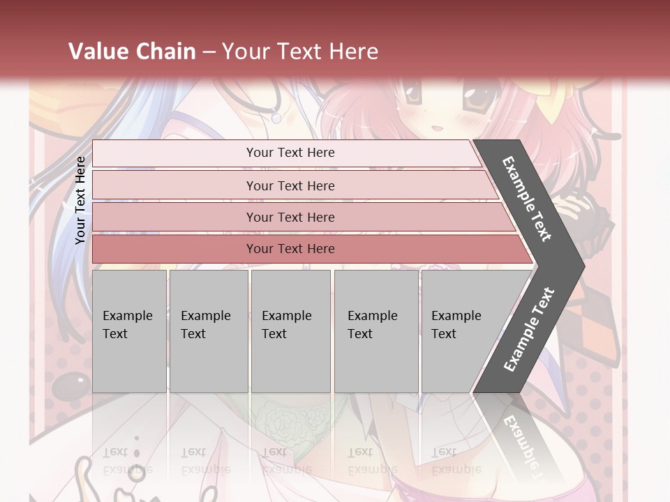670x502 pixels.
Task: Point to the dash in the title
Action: pyautogui.click(x=209, y=52)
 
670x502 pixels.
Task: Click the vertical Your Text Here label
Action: pyautogui.click(x=80, y=201)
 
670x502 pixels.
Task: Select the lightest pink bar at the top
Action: pyautogui.click(x=290, y=153)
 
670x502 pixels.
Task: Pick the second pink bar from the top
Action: pyautogui.click(x=290, y=185)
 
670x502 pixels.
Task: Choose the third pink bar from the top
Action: pyautogui.click(x=290, y=217)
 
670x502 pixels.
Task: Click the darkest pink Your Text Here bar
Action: pyautogui.click(x=290, y=249)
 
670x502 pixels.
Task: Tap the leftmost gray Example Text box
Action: pyautogui.click(x=129, y=331)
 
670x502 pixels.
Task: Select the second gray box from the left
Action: pyautogui.click(x=208, y=331)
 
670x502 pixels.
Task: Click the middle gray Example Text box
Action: pyautogui.click(x=290, y=331)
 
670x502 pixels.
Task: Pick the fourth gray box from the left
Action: pyautogui.click(x=375, y=331)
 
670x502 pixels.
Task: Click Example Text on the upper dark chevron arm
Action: pyautogui.click(x=528, y=199)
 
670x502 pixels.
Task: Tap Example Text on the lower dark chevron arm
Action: pyautogui.click(x=529, y=329)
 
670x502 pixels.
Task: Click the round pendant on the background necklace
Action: pyautogui.click(x=277, y=119)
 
